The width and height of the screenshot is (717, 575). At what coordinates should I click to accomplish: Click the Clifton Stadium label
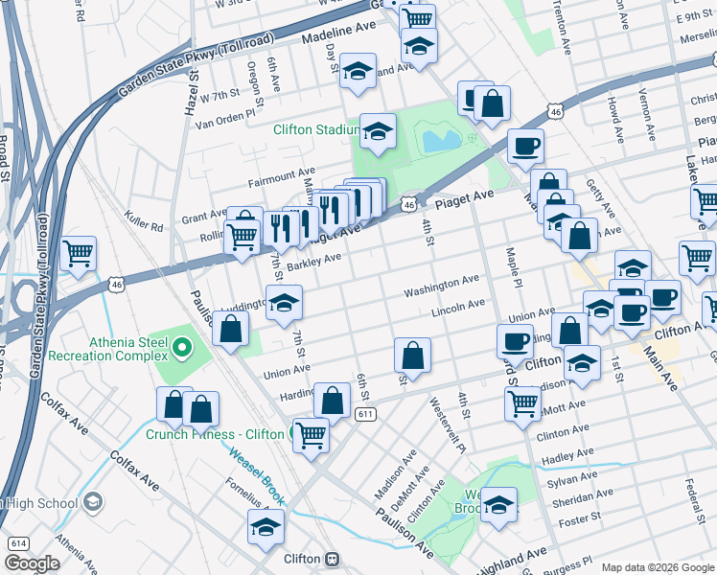(315, 129)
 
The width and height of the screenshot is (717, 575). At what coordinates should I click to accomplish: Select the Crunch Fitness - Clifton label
(214, 434)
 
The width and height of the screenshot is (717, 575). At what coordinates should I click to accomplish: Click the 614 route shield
(16, 542)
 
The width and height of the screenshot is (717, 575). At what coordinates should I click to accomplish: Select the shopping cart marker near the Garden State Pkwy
(78, 255)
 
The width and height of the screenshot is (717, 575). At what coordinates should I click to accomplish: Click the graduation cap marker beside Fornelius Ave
(266, 526)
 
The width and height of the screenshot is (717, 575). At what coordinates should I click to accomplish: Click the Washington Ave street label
(441, 285)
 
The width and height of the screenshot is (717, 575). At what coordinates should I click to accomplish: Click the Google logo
(32, 563)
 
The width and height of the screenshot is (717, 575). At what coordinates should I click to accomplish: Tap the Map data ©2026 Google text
(657, 567)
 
